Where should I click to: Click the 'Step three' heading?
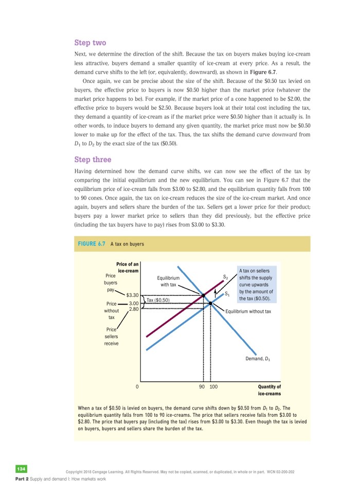click(x=93, y=160)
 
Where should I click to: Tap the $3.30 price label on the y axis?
click(x=132, y=295)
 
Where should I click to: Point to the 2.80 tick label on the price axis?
click(x=134, y=309)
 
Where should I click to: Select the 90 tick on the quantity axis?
click(x=202, y=386)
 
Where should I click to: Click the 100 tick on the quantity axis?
click(x=213, y=386)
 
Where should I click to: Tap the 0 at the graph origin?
click(x=137, y=386)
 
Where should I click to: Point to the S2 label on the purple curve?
click(x=225, y=277)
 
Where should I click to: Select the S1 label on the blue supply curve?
click(x=227, y=294)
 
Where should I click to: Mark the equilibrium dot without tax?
click(x=211, y=303)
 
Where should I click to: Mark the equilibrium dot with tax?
click(x=203, y=295)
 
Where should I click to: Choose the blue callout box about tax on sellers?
click(x=256, y=284)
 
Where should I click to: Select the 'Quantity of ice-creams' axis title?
click(x=269, y=390)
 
